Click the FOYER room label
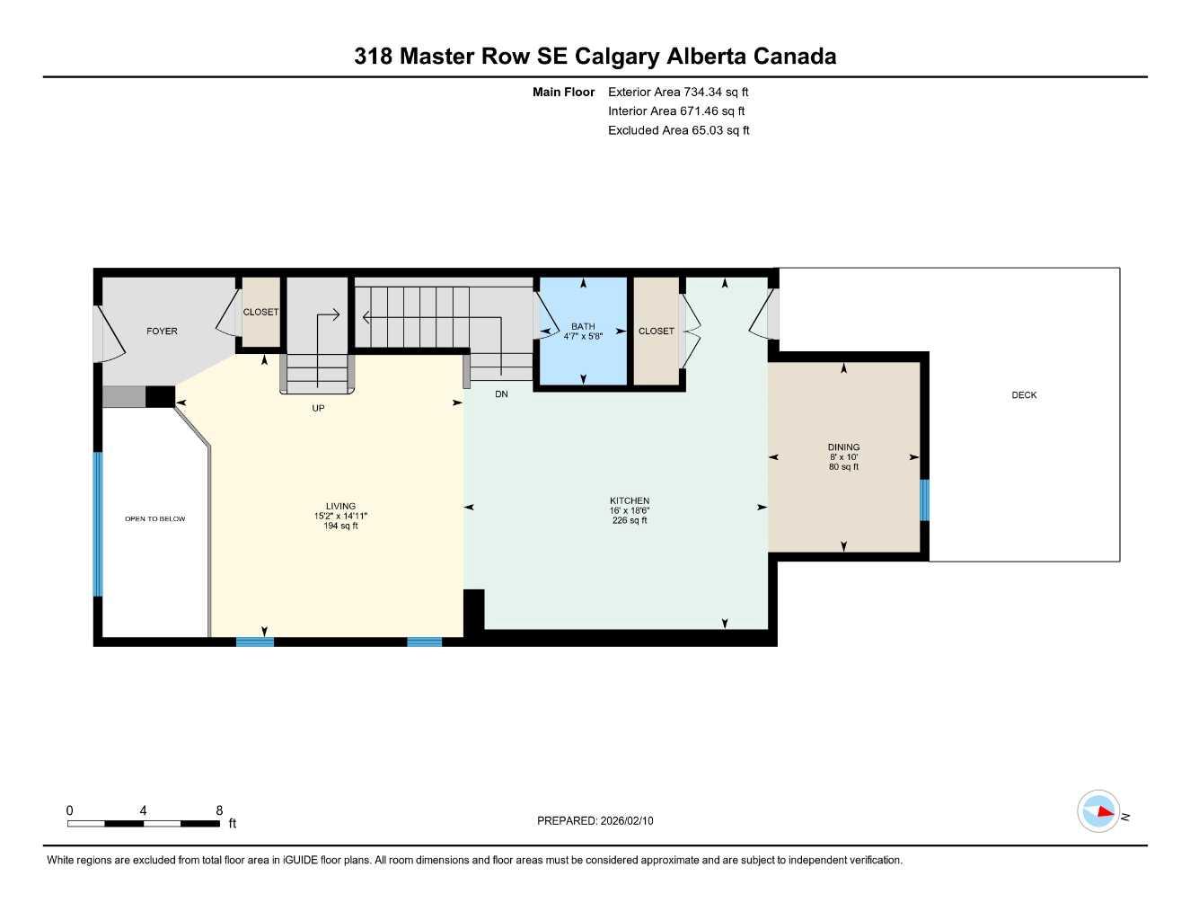coord(162,332)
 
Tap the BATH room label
coord(583,327)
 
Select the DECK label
coord(1024,395)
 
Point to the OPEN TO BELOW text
coord(154,519)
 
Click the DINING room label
coord(843,447)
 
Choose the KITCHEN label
coord(630,501)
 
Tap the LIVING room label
coord(340,507)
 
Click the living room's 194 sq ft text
coord(340,526)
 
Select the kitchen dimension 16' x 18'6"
coord(630,511)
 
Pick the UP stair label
coord(318,409)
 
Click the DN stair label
coord(501,394)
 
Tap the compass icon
coord(1099,811)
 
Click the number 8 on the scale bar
coord(219,810)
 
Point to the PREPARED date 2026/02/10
coord(595,821)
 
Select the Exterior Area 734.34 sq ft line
coord(678,92)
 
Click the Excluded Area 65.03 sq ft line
coord(678,130)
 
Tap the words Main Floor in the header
coord(563,92)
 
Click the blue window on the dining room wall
coord(924,500)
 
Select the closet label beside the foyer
coord(260,313)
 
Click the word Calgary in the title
coord(616,57)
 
